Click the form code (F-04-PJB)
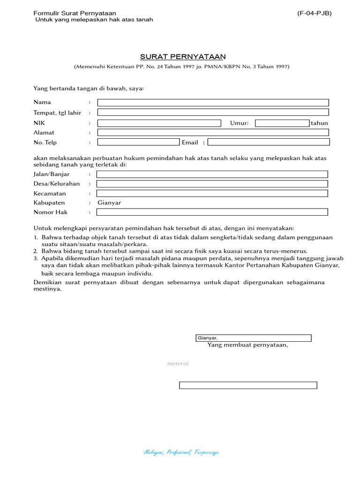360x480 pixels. pyautogui.click(x=314, y=13)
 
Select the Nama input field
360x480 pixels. pyautogui.click(x=213, y=103)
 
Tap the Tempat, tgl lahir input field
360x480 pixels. pyautogui.click(x=213, y=112)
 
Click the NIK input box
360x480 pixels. pyautogui.click(x=159, y=123)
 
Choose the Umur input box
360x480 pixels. pyautogui.click(x=282, y=123)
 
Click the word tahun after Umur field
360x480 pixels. pyautogui.click(x=319, y=123)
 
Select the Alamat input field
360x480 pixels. pyautogui.click(x=213, y=133)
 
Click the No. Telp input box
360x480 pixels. pyautogui.click(x=138, y=142)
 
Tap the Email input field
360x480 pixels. pyautogui.click(x=269, y=142)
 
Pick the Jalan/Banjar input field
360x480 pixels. pyautogui.click(x=212, y=174)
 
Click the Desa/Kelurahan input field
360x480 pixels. pyautogui.click(x=212, y=184)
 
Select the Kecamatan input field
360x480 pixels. pyautogui.click(x=212, y=193)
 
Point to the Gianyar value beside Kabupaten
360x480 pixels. pyautogui.click(x=109, y=203)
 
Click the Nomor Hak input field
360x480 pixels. pyautogui.click(x=212, y=212)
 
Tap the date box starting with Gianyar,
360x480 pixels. pyautogui.click(x=253, y=338)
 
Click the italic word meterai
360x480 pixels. pyautogui.click(x=178, y=364)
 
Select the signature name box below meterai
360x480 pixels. pyautogui.click(x=248, y=385)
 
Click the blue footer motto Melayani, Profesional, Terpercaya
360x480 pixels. pyautogui.click(x=181, y=452)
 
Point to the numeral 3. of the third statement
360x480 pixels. pyautogui.click(x=36, y=258)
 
